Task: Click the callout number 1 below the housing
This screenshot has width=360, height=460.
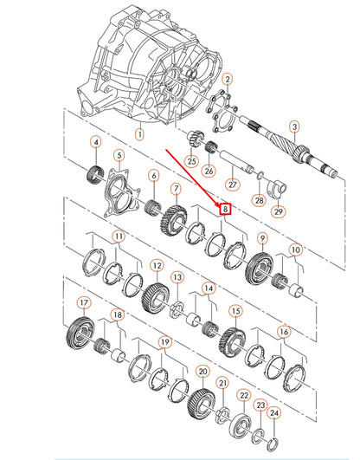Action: pos(140,134)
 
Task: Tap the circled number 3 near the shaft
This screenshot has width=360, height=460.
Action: pos(294,127)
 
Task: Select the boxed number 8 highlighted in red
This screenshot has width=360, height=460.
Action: pos(226,209)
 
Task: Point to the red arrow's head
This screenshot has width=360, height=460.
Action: pos(217,204)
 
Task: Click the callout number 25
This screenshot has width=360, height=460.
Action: pos(191,161)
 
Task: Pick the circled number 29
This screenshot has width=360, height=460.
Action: pos(278,211)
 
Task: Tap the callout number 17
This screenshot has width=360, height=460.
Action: pos(84,302)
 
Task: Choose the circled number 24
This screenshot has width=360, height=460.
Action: pos(273,413)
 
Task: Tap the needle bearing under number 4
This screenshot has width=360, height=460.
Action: pos(95,173)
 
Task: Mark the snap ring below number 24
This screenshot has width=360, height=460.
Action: pos(273,444)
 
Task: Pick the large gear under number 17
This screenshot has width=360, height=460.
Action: pos(80,333)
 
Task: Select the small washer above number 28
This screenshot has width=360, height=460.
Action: pos(260,176)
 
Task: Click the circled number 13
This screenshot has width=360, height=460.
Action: pos(177,277)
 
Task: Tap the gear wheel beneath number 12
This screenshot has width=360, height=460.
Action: pos(156,298)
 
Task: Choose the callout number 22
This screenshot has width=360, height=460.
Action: pos(244,395)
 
